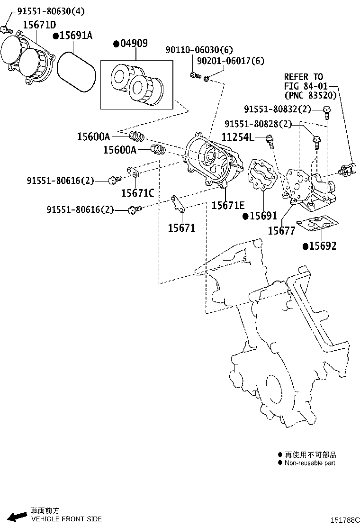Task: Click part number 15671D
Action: tap(39, 24)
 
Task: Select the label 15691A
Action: tap(76, 36)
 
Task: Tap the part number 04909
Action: tap(134, 44)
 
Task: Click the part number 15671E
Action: tap(228, 205)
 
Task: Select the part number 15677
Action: tap(281, 231)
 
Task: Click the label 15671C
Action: tap(137, 192)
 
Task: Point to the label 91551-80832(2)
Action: tap(278, 109)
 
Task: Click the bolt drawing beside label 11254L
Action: tap(269, 140)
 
